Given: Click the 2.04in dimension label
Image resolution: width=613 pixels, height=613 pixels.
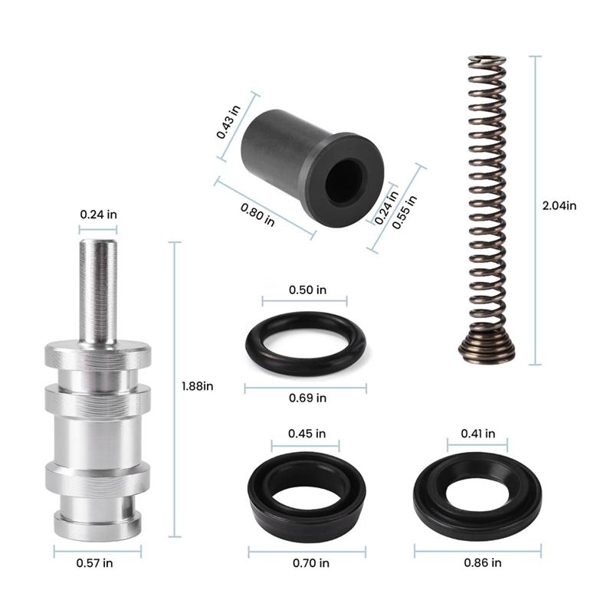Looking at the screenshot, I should coord(559,205).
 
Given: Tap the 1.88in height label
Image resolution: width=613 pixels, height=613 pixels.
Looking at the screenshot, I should coord(197,386).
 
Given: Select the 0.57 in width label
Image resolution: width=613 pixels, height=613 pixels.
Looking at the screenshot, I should coord(97,563).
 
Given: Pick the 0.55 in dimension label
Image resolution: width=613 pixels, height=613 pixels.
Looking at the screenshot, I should coord(405,212).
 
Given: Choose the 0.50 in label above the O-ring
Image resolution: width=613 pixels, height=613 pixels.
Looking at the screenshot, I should coord(307,290).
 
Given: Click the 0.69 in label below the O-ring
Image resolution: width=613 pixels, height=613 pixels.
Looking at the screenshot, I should coord(307,398).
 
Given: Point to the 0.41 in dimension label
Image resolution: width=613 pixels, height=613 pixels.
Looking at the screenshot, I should coord(478,434).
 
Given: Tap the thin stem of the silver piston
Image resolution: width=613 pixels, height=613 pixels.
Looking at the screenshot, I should coord(98,291).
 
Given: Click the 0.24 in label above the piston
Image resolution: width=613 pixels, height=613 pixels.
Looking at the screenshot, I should coord(98,215).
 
